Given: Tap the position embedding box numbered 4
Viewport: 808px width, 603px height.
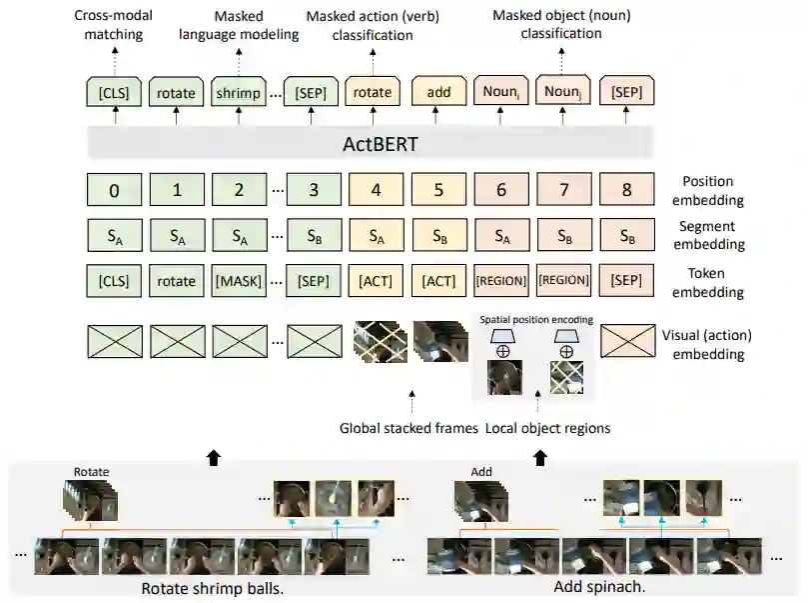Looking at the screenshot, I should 376,188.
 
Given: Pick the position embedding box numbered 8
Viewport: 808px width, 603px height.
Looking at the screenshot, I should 626,188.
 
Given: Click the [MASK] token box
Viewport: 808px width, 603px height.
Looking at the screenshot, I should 238,281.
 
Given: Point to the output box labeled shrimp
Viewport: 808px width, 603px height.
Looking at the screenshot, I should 238,92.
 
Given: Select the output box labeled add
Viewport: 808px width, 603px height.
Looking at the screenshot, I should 438,92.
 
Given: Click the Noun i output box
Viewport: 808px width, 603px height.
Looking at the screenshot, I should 501,92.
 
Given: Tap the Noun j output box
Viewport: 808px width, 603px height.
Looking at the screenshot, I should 563,92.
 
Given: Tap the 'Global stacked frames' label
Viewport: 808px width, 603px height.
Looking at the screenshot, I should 408,428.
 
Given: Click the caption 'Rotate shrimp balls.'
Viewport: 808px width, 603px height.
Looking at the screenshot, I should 213,588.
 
